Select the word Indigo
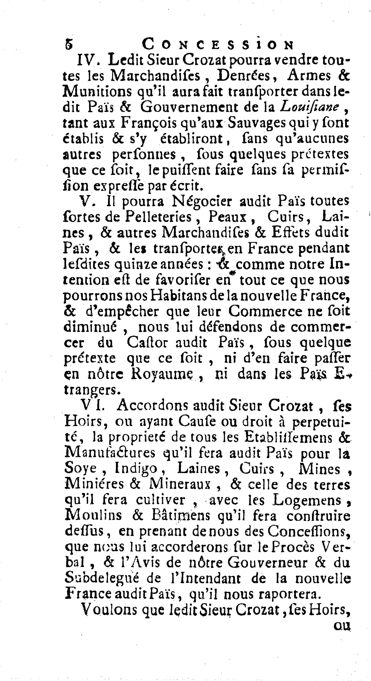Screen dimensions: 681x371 136,469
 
